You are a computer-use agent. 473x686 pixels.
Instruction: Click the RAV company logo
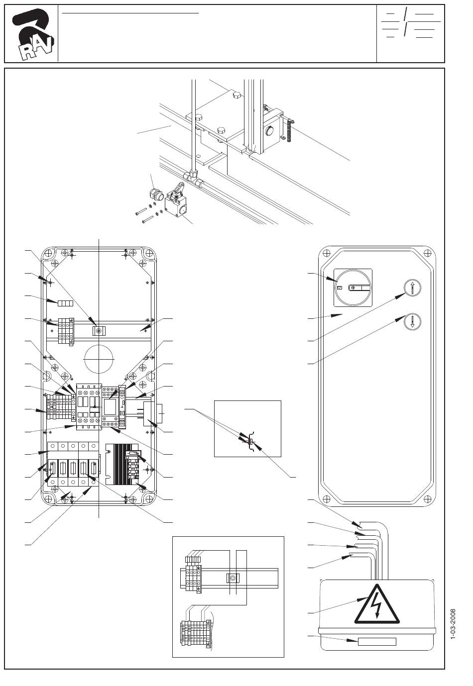pyautogui.click(x=32, y=34)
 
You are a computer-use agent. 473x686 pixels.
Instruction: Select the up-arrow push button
pyautogui.click(x=412, y=288)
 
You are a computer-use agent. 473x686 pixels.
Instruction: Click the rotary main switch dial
pyautogui.click(x=353, y=288)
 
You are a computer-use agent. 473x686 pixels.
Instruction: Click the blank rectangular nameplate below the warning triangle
pyautogui.click(x=377, y=641)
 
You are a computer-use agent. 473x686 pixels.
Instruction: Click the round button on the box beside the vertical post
pyautogui.click(x=269, y=131)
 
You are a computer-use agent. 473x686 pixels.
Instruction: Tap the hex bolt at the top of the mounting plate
pyautogui.click(x=236, y=95)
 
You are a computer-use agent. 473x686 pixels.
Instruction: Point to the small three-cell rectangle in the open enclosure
pyautogui.click(x=65, y=303)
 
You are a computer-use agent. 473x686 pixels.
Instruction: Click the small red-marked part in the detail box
pyautogui.click(x=250, y=441)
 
